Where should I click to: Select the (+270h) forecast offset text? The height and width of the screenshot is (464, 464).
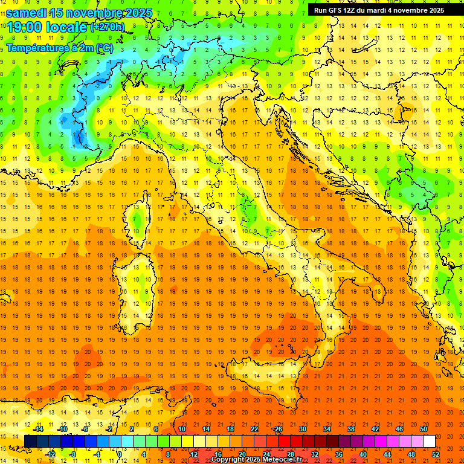[108, 27]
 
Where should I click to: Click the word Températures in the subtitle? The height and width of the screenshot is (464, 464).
[34, 48]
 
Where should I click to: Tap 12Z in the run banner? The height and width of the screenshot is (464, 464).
[349, 10]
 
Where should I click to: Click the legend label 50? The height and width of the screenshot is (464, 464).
[424, 429]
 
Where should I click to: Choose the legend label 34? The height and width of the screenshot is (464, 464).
[326, 429]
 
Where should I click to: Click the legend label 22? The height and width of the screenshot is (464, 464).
[254, 429]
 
